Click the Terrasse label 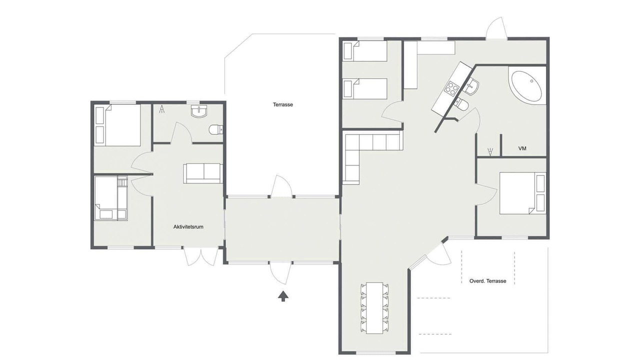pyautogui.click(x=283, y=104)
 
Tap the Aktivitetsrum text pyautogui.click(x=188, y=227)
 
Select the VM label pyautogui.click(x=522, y=148)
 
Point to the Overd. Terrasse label pyautogui.click(x=487, y=281)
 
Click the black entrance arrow pyautogui.click(x=283, y=296)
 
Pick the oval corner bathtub pyautogui.click(x=526, y=86)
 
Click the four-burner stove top pyautogui.click(x=452, y=88)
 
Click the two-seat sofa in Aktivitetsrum pyautogui.click(x=203, y=173)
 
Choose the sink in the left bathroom pyautogui.click(x=199, y=111)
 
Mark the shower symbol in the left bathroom pyautogui.click(x=161, y=109)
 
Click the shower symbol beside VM pyautogui.click(x=490, y=151)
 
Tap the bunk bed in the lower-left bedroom pyautogui.click(x=111, y=198)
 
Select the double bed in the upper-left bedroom pyautogui.click(x=117, y=125)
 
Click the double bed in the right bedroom pyautogui.click(x=522, y=193)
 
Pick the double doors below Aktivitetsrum pyautogui.click(x=201, y=256)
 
